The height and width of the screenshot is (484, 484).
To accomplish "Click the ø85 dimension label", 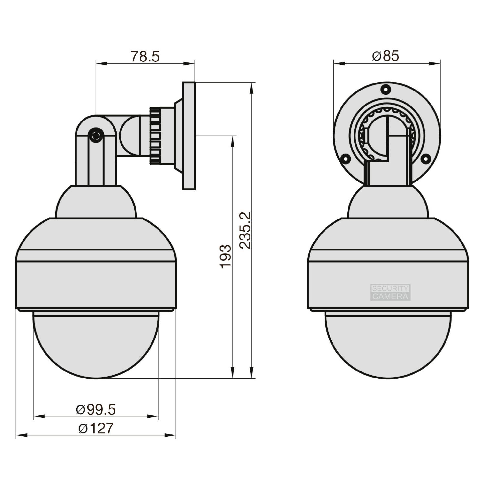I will tap(386, 56).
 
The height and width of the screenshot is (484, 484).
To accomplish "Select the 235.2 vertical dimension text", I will tap(245, 230).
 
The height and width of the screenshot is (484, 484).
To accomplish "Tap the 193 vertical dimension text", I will tap(226, 257).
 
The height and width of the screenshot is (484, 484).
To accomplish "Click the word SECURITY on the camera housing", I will tap(390, 289).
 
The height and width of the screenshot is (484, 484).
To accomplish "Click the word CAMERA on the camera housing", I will tap(390, 296).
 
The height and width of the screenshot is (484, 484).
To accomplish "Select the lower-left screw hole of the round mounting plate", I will tap(346, 158).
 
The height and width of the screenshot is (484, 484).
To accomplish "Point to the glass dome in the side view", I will tap(96, 346).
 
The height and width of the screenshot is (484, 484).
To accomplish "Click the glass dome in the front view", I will tap(387, 346).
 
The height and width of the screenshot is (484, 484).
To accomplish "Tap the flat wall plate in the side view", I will tap(189, 136).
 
